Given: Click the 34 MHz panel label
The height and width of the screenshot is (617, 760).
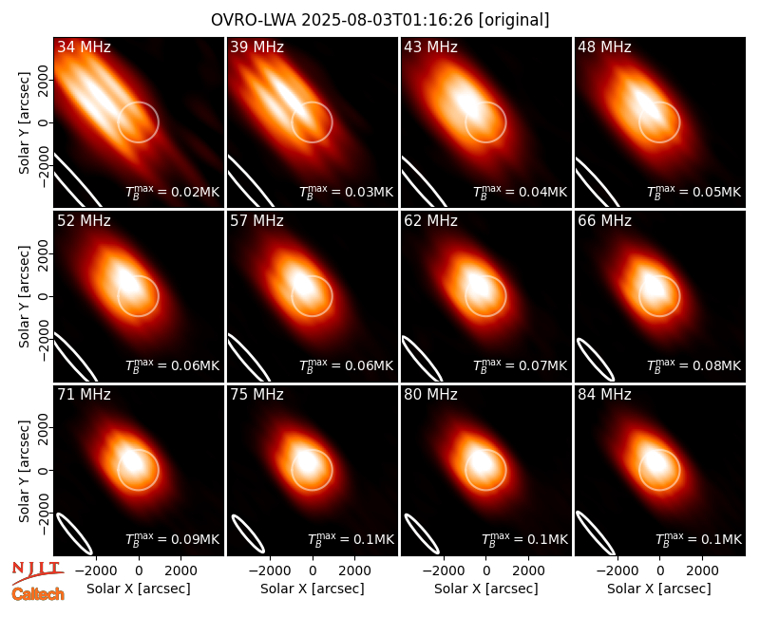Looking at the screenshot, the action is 84,47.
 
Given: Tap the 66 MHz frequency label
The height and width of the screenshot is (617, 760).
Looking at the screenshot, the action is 604,221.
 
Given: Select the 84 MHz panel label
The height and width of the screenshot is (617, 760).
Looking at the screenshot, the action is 604,395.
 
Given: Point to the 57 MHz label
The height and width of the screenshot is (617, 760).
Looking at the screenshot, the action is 256,221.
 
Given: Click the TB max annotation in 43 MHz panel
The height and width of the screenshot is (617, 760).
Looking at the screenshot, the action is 520,192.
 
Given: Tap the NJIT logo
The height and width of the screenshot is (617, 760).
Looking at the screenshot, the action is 36,571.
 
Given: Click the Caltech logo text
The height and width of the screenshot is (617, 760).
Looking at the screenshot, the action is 38,594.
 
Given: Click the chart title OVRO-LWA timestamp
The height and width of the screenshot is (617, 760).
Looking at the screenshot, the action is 380,20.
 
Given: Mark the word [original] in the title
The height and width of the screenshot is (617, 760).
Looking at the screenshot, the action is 514,20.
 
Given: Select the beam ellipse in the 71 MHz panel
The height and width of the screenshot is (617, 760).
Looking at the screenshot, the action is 74,533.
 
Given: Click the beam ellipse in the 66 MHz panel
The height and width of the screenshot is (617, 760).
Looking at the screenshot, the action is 596,359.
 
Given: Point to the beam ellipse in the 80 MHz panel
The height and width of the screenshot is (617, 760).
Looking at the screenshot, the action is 422,533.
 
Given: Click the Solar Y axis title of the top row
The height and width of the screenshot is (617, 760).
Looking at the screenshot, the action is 24,122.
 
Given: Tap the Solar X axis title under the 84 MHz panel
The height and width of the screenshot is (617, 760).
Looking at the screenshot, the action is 659,589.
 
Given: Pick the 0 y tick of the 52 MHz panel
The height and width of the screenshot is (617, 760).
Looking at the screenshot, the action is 43,296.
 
